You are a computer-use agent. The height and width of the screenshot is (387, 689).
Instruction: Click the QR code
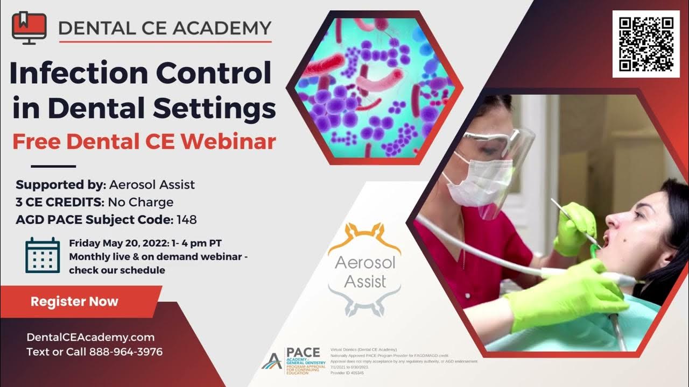[645, 44]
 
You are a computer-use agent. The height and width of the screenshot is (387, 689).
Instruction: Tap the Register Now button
[74, 301]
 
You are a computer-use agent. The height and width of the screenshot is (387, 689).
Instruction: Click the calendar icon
[43, 255]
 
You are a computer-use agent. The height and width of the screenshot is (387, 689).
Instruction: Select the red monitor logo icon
[29, 27]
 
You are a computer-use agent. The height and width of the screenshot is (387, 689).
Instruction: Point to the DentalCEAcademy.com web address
[90, 338]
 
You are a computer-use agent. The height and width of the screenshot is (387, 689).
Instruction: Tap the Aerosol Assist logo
[364, 269]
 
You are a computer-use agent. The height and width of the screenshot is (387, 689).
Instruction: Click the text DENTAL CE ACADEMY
[165, 27]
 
